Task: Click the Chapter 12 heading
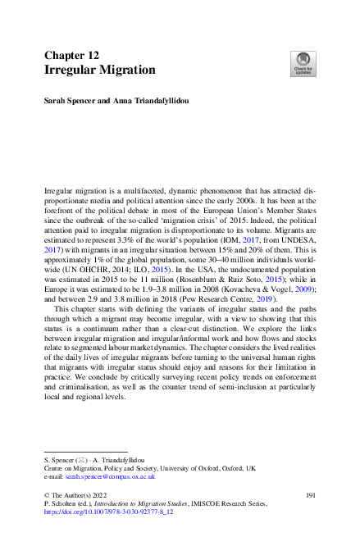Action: tap(71, 55)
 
